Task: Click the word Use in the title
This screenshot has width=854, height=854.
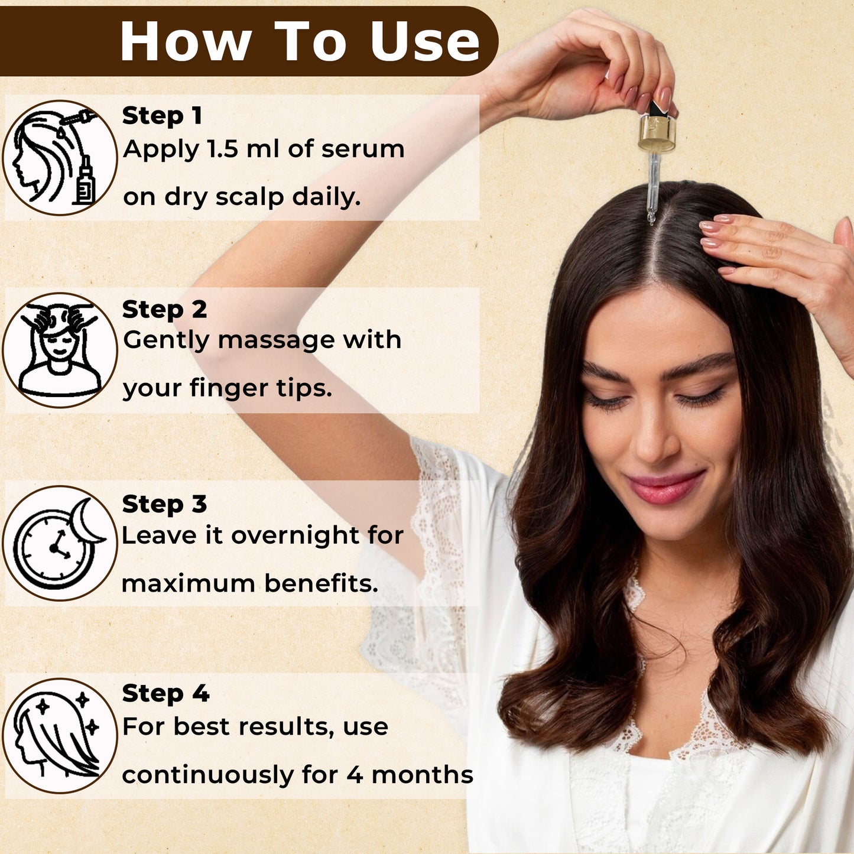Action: tap(424, 41)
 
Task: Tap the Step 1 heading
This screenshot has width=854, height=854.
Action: tap(162, 116)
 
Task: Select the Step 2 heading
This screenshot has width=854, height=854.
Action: tap(164, 309)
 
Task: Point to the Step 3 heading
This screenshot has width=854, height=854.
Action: tap(164, 504)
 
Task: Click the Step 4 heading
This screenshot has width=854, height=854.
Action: tap(165, 693)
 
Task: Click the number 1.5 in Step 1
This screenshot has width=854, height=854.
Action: tap(223, 149)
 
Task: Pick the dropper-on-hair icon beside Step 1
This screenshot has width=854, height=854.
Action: tap(59, 158)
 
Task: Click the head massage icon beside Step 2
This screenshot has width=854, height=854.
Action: tap(59, 350)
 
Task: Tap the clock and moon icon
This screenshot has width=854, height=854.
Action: tap(59, 543)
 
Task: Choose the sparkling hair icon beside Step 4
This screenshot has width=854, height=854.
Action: tap(59, 736)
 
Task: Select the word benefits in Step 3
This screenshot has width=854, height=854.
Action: tap(322, 583)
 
